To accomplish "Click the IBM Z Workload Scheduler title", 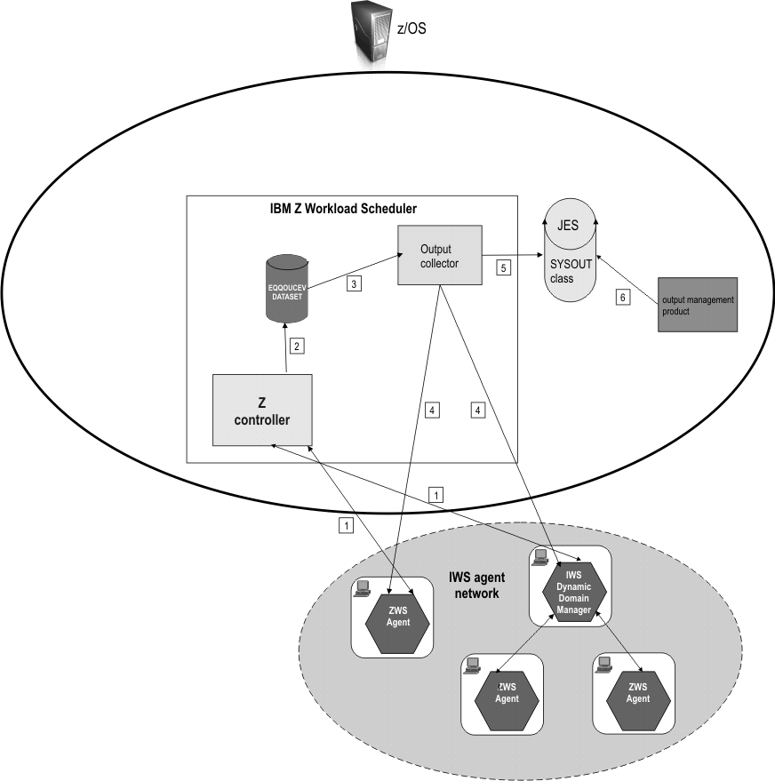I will (343, 209).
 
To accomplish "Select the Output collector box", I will (439, 255).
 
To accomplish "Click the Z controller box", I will (262, 410).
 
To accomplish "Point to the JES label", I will (568, 226).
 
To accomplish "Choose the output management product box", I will (697, 306).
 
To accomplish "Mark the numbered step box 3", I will (354, 284).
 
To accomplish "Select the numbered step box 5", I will (503, 267).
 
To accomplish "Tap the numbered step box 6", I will (625, 299).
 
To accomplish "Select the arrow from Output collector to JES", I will (515, 256).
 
